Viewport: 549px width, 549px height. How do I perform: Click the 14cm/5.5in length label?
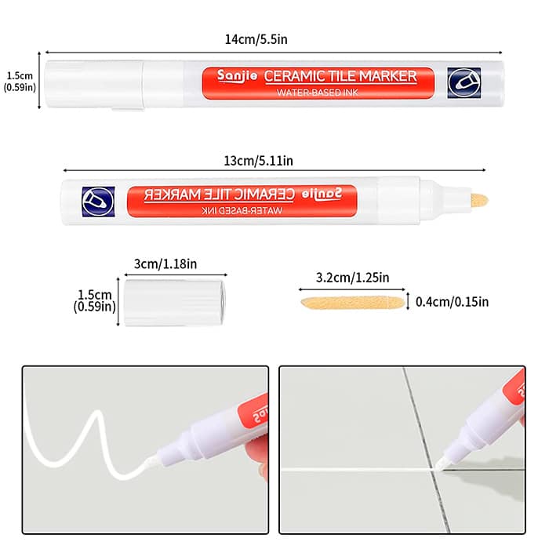[x=256, y=39]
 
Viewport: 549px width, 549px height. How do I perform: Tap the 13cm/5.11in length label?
[x=258, y=161]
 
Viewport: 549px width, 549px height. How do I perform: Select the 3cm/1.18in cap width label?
[x=165, y=264]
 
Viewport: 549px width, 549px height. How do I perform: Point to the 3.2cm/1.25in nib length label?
[x=353, y=278]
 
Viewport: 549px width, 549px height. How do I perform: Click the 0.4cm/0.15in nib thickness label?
[x=452, y=302]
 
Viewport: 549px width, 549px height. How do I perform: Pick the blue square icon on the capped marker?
[x=464, y=83]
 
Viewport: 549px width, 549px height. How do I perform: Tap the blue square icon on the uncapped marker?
[x=98, y=202]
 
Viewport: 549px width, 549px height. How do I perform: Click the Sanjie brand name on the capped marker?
[x=237, y=76]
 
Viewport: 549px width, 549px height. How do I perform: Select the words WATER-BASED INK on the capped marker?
[x=318, y=93]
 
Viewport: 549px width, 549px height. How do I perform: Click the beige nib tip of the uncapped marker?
[x=480, y=201]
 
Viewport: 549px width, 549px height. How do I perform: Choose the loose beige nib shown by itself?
[x=353, y=303]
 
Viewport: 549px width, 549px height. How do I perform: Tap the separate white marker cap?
[x=175, y=303]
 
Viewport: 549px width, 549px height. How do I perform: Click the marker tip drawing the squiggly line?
[x=150, y=461]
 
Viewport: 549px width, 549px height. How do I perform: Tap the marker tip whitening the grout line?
[x=440, y=466]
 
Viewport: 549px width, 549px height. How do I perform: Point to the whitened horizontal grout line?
[x=358, y=470]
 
